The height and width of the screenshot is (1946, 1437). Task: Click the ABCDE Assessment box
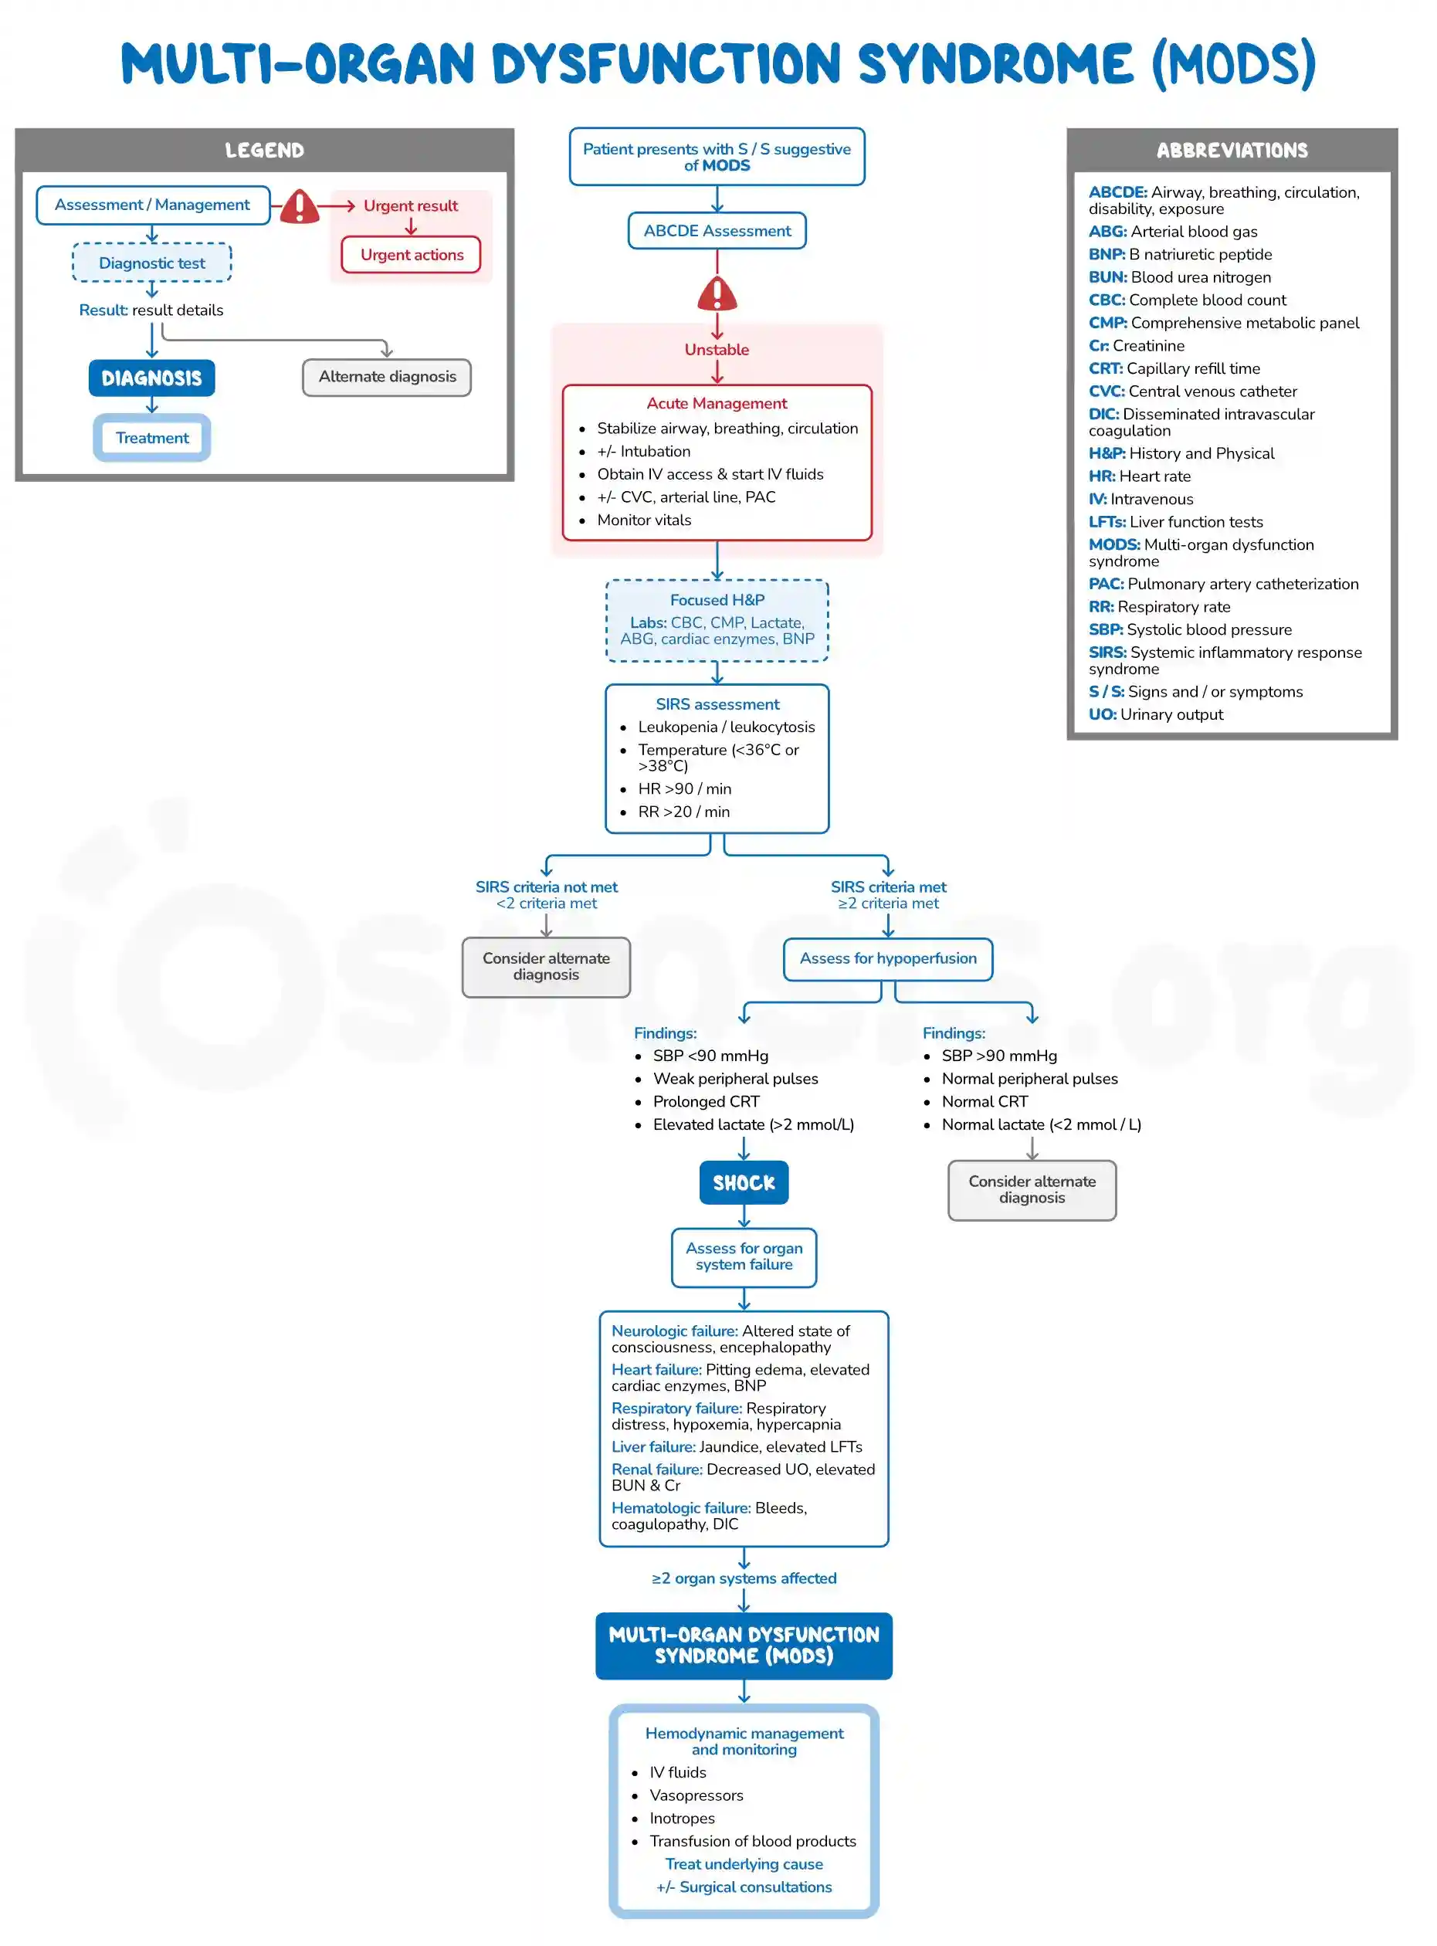coord(717,231)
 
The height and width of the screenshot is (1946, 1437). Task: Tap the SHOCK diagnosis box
coord(744,1182)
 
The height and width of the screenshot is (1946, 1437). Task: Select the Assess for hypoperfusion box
coord(887,958)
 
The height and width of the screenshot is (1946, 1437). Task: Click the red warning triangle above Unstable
coord(717,294)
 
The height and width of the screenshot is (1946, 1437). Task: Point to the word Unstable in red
coord(717,350)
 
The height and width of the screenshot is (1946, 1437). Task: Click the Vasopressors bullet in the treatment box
coord(696,1795)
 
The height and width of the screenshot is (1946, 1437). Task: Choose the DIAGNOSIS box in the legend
coord(151,378)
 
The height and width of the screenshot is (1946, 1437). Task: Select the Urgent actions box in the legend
coord(412,255)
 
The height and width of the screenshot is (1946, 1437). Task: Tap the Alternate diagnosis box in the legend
coord(387,377)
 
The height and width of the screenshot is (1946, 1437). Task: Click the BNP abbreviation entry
coord(1180,254)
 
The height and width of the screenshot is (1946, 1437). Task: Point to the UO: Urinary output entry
coord(1155,714)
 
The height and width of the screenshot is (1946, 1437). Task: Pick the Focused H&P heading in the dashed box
coord(717,599)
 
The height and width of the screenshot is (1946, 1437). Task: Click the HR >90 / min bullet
coord(685,788)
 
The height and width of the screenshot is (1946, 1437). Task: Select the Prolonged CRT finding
coord(707,1101)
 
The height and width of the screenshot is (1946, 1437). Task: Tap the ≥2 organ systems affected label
coord(744,1578)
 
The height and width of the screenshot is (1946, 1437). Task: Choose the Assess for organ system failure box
coord(744,1256)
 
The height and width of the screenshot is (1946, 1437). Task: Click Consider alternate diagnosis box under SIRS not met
coord(546,967)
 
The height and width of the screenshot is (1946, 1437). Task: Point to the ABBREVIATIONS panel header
coord(1232,151)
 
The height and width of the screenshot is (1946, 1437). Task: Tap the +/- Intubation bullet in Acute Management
coord(644,451)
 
